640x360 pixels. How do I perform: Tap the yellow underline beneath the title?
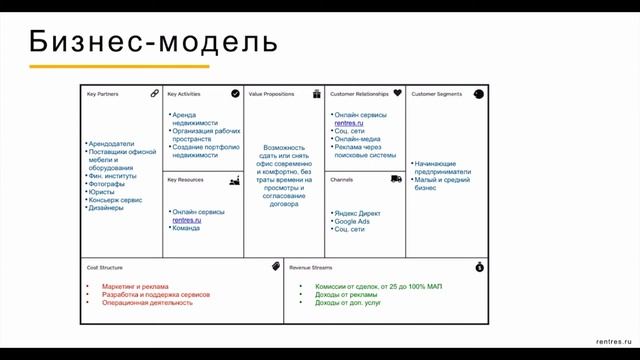118,67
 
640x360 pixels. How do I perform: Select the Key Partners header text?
103,94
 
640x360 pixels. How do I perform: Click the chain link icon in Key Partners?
155,93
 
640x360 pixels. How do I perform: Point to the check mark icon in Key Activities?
235,93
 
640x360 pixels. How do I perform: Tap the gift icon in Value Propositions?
316,93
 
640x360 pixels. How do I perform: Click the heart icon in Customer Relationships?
397,93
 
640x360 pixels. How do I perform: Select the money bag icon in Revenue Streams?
480,267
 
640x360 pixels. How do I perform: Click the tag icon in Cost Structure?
275,267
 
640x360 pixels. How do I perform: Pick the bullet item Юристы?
104,191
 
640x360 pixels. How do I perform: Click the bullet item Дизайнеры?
109,208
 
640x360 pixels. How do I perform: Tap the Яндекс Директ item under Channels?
357,213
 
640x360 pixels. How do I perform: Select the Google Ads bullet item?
354,221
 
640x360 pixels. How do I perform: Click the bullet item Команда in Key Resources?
187,229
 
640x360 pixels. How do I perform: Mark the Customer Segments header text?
437,94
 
